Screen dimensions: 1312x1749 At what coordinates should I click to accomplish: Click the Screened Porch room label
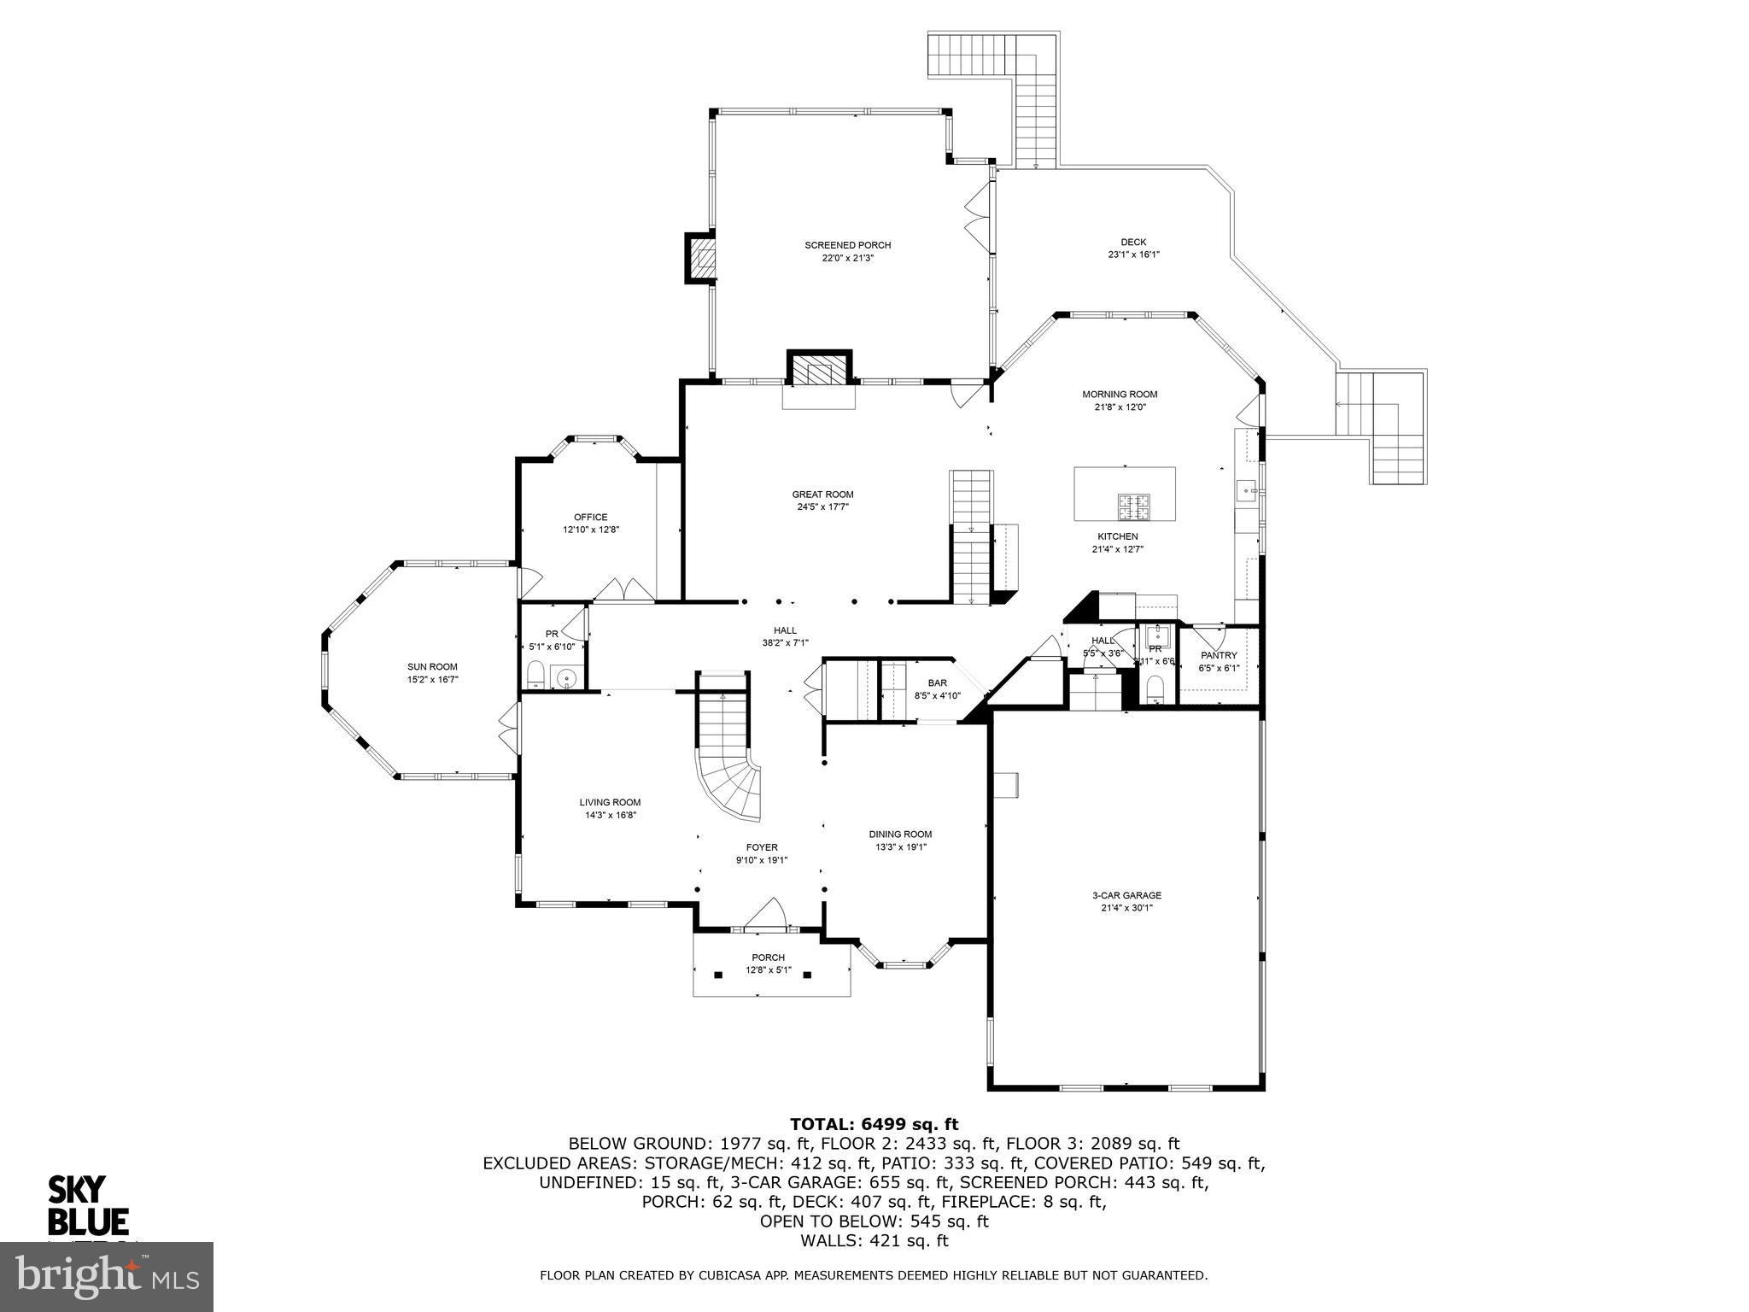(847, 245)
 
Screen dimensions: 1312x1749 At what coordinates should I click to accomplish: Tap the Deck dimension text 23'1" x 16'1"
(1133, 255)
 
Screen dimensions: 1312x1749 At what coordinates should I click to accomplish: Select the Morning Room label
(1119, 395)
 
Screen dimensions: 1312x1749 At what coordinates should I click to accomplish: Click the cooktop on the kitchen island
(1134, 507)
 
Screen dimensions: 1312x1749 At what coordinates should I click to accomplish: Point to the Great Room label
(822, 495)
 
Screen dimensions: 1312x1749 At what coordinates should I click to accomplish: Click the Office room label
(590, 517)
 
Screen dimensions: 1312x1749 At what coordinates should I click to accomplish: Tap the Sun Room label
(432, 667)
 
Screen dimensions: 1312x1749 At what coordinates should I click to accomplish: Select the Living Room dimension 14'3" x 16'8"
(610, 815)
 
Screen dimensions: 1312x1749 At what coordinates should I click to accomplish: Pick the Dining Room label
(900, 835)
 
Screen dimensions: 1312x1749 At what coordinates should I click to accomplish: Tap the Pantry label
(1219, 655)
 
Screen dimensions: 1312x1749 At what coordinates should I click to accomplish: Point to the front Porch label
(768, 958)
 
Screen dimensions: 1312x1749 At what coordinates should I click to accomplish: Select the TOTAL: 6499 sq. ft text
(874, 1124)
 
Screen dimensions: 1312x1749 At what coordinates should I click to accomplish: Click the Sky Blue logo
(88, 1204)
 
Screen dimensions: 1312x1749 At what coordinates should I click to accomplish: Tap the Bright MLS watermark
(107, 1277)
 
